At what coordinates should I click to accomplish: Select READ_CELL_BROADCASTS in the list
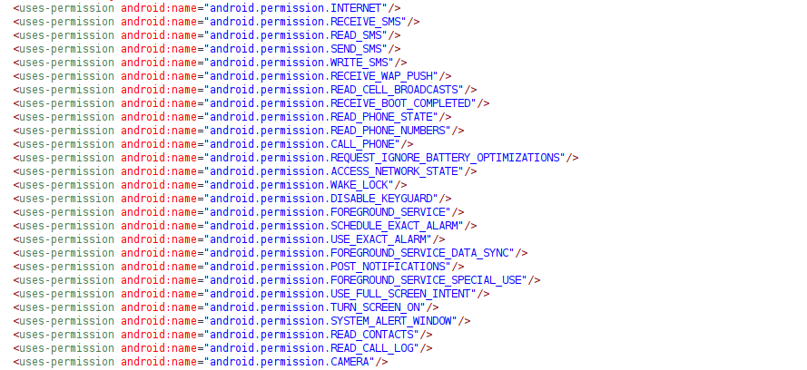pyautogui.click(x=397, y=89)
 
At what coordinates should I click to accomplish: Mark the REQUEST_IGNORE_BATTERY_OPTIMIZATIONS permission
pyautogui.click(x=448, y=157)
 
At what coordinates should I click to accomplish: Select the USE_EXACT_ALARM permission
pyautogui.click(x=380, y=239)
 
